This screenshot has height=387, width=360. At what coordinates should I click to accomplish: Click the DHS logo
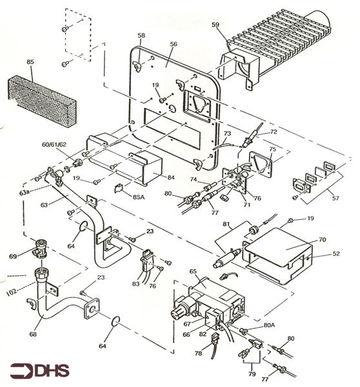click(x=40, y=370)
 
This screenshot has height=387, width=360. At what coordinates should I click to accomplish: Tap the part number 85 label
click(x=30, y=62)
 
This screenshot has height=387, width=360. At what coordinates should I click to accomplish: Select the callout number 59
click(x=215, y=25)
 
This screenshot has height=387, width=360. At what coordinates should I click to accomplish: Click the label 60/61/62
click(x=54, y=144)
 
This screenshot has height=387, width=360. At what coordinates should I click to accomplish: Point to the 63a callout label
click(x=25, y=192)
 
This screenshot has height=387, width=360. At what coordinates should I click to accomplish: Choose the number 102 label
click(x=12, y=292)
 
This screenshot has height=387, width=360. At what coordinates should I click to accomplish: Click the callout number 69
click(x=13, y=257)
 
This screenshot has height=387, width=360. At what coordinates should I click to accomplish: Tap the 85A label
click(x=139, y=197)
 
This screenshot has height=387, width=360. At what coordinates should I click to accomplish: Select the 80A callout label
click(x=269, y=325)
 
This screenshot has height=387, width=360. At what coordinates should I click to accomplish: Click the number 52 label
click(x=335, y=253)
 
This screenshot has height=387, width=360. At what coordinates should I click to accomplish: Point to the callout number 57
click(x=335, y=198)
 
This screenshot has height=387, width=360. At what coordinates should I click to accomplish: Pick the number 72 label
click(x=274, y=132)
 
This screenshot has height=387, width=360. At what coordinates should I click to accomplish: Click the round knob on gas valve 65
click(x=178, y=312)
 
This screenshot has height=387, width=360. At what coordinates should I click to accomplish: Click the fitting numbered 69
click(x=40, y=248)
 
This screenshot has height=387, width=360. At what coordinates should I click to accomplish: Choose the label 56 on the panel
click(x=174, y=44)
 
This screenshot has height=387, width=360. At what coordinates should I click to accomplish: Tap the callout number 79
click(x=252, y=373)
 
